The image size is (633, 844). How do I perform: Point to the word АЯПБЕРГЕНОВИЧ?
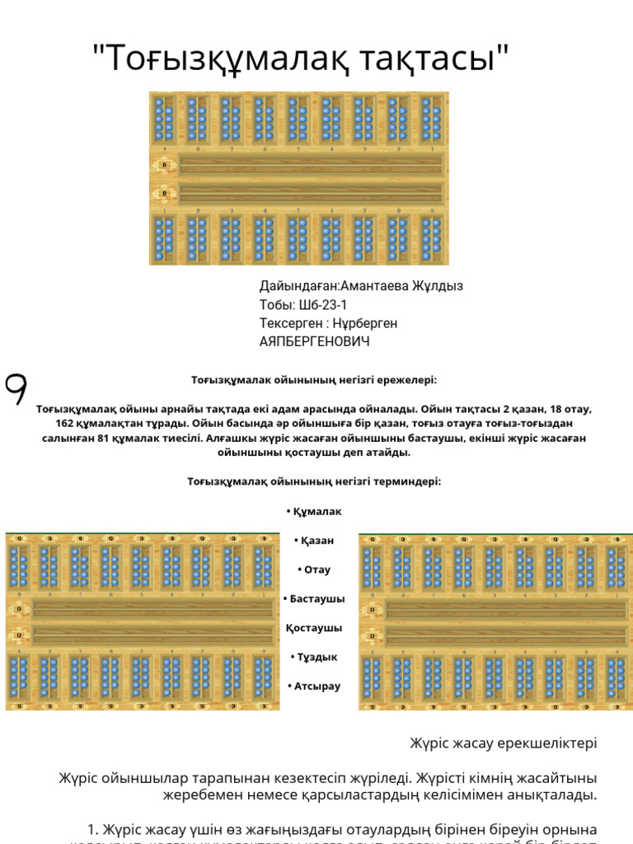(315, 341)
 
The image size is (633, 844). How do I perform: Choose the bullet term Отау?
(317, 570)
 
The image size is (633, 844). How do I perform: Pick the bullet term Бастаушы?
(317, 598)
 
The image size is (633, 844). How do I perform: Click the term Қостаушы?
(314, 628)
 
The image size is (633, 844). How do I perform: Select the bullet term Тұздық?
(317, 657)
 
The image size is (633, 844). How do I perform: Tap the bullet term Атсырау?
(317, 686)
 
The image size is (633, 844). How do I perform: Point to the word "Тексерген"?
(288, 323)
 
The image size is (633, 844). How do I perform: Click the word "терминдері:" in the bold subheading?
(410, 481)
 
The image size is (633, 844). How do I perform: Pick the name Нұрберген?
(364, 323)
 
